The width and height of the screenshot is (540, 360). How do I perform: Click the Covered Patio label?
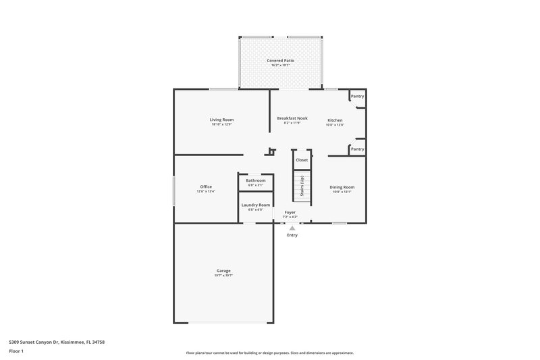tap(280, 61)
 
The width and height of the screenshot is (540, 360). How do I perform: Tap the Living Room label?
tap(221, 120)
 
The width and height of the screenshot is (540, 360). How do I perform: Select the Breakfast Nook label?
tap(292, 118)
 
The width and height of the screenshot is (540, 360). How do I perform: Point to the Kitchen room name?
tap(335, 120)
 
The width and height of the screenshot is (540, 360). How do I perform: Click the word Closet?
tap(302, 160)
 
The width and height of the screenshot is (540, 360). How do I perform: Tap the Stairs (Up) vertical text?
tap(302, 186)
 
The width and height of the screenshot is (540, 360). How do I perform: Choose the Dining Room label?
tap(342, 187)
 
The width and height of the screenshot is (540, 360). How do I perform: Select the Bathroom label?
tap(255, 180)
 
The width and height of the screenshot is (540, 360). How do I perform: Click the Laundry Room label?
tap(255, 205)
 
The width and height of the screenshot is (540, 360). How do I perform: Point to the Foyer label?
tap(290, 212)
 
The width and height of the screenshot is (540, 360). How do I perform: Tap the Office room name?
tap(206, 186)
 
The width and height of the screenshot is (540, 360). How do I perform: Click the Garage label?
tap(223, 271)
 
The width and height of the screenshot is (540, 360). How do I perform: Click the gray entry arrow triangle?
tap(292, 228)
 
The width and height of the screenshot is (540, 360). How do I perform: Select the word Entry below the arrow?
tap(292, 235)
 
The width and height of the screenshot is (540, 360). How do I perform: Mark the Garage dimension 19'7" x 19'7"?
tap(223, 276)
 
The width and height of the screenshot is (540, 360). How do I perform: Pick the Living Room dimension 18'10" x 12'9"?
tap(221, 124)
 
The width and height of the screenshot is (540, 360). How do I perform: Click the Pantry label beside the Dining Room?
tap(358, 149)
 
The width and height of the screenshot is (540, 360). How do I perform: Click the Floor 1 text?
tap(16, 352)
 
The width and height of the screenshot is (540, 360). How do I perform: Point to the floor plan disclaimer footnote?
tap(270, 353)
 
